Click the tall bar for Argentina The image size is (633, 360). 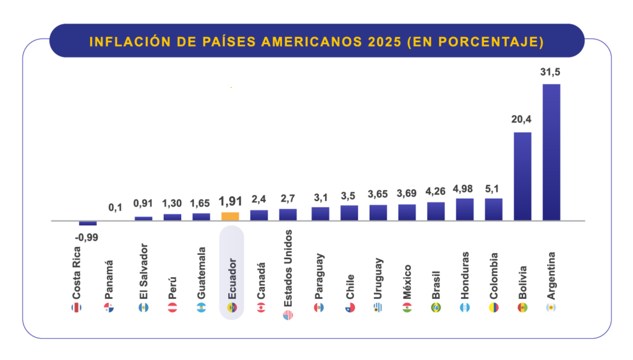point(551,152)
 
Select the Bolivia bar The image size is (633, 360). point(522,176)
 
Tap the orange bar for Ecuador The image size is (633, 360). point(230,216)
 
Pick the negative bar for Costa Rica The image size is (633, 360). point(88,223)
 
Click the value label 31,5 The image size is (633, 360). point(550,72)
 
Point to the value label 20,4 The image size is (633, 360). point(522,120)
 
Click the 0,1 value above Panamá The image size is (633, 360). point(116,207)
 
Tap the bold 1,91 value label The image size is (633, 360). point(231,202)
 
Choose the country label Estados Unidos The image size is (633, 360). point(289,268)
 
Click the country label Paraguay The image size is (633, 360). point(318,276)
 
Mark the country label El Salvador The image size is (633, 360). point(143,275)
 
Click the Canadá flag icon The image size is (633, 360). point(260,307)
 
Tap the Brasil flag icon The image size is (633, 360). point(436,307)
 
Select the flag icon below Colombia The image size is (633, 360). point(493,307)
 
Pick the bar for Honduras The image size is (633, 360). point(464,209)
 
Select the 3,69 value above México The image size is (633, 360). point(407,194)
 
